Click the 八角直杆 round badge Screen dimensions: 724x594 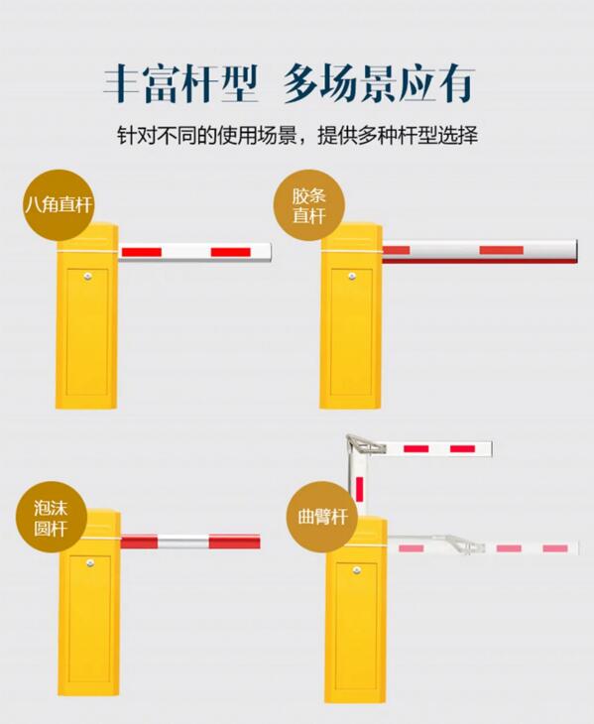click(58, 206)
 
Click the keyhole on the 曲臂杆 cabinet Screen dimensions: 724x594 click(357, 569)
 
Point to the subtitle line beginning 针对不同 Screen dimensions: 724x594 click(297, 134)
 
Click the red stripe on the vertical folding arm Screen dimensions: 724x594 click(359, 488)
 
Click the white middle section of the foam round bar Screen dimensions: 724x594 click(183, 542)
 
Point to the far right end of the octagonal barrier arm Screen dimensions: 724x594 click(268, 252)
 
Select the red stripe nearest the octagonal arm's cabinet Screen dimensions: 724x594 click(141, 252)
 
